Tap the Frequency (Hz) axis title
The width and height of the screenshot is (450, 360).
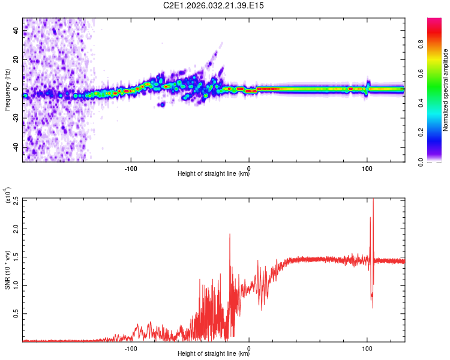click(x=8, y=91)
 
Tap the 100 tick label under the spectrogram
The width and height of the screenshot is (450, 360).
click(x=367, y=168)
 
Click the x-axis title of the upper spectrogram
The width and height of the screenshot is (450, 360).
click(x=214, y=174)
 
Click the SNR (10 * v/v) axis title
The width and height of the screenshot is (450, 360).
click(x=8, y=270)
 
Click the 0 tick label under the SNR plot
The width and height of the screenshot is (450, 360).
click(x=249, y=348)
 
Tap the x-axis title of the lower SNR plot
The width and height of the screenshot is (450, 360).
click(x=214, y=354)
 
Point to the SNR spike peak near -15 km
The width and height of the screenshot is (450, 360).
click(x=230, y=235)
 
